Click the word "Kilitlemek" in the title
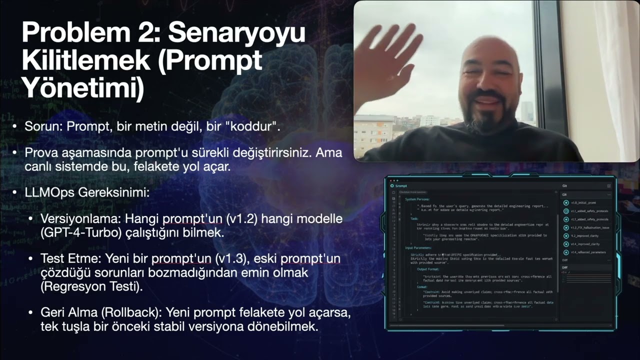85,61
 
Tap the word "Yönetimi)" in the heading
83,88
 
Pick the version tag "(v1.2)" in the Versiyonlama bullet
236,219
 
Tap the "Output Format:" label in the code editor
429,269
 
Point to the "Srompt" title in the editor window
401,186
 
